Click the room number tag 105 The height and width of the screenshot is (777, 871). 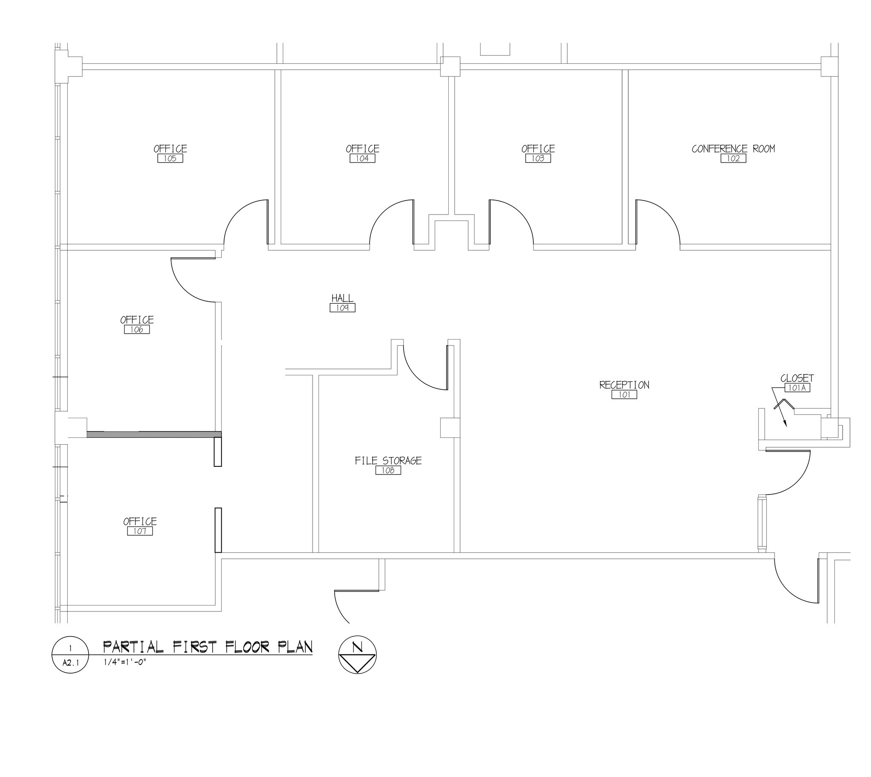pyautogui.click(x=170, y=158)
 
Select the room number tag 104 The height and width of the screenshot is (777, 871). pyautogui.click(x=362, y=158)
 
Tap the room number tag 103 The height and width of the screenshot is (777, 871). pyautogui.click(x=538, y=158)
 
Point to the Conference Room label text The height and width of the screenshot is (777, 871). pyautogui.click(x=733, y=149)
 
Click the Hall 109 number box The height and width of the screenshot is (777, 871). pyautogui.click(x=342, y=308)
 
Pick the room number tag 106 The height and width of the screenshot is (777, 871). pyautogui.click(x=137, y=330)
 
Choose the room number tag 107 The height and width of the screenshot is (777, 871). pyautogui.click(x=139, y=531)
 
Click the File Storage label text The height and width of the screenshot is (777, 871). pyautogui.click(x=388, y=460)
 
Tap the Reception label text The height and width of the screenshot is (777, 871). pyautogui.click(x=624, y=385)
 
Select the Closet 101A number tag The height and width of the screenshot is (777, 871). pyautogui.click(x=797, y=388)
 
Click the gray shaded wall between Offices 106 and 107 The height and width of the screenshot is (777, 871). pyautogui.click(x=154, y=434)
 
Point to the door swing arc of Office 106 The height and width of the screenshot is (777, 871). pyautogui.click(x=183, y=288)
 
